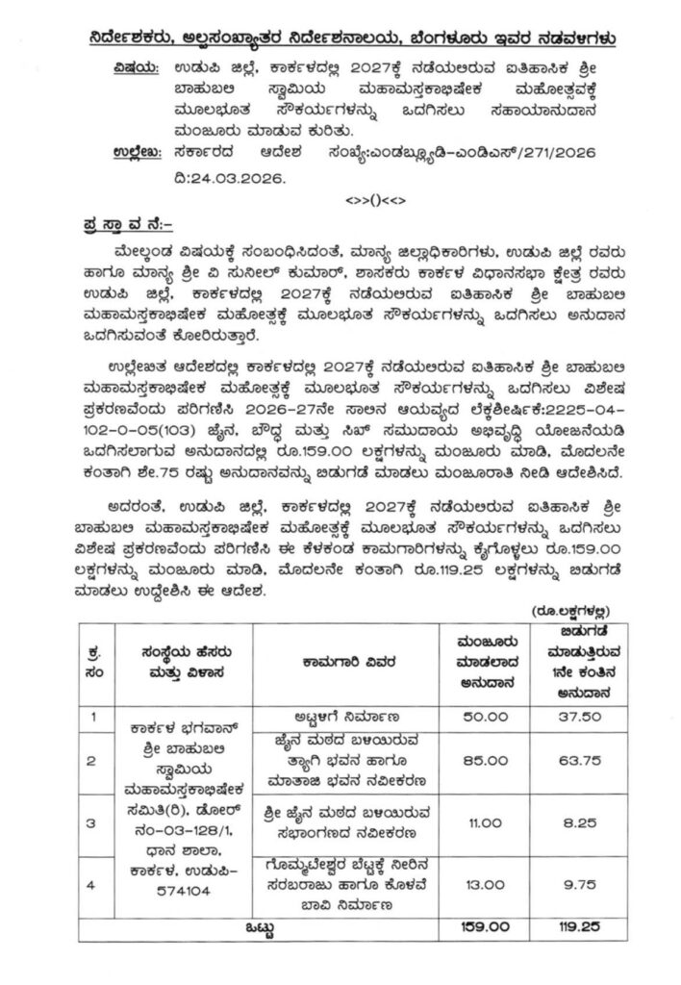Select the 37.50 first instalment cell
coord(576,716)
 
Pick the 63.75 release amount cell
coord(576,760)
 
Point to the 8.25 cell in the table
coord(576,822)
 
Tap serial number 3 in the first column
coord(91,822)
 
